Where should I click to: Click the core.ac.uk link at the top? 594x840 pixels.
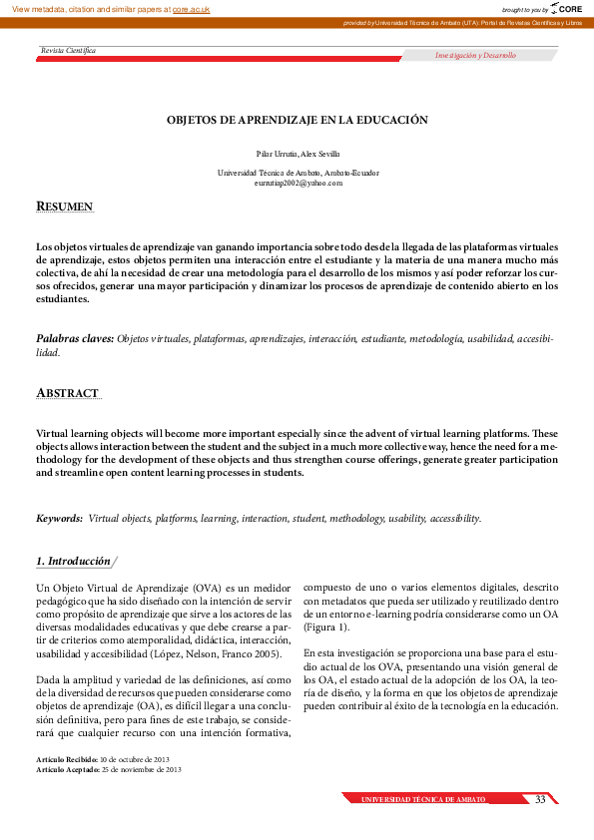coord(191,8)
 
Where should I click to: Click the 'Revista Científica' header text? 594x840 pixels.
coord(68,50)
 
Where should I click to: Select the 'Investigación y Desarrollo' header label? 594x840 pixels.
coord(475,56)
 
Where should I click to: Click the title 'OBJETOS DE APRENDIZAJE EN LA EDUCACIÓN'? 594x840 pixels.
coord(297,120)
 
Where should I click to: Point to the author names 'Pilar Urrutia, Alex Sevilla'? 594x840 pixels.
coord(297,154)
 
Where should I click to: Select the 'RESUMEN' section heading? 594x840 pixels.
coord(65,207)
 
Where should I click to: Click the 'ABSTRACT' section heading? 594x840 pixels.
coord(67,393)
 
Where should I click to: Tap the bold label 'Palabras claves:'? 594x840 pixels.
coord(75,339)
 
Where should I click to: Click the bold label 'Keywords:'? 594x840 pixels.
coord(59,519)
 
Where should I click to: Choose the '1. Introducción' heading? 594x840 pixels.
coord(73,562)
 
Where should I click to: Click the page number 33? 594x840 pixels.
coord(540,800)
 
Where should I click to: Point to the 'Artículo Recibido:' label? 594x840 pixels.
coord(67,760)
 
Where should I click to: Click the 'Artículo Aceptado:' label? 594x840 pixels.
coord(68,770)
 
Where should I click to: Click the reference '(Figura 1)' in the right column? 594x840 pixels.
coord(327,627)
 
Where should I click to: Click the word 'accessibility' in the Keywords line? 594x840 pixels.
coord(454,519)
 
